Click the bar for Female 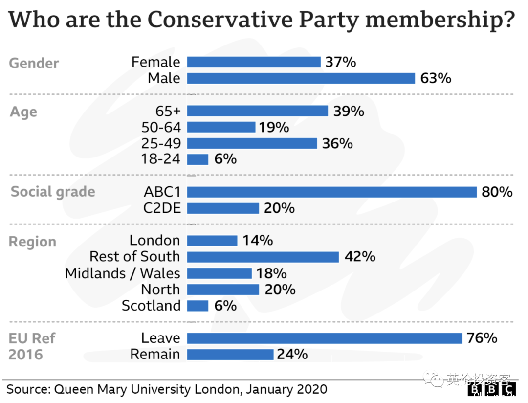[x=254, y=62]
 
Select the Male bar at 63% [x=301, y=78]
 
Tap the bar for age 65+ [x=257, y=111]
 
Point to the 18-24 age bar [x=198, y=159]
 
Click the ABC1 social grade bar [x=331, y=192]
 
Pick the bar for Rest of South [x=263, y=257]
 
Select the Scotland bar [x=198, y=306]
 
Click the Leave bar [x=324, y=338]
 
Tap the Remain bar [x=230, y=354]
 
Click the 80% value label [x=497, y=192]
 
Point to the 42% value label [x=359, y=257]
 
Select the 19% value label [x=274, y=128]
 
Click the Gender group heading [x=34, y=64]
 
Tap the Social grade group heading [x=53, y=192]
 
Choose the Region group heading [x=33, y=242]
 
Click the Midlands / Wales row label [x=123, y=273]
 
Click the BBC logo [x=492, y=390]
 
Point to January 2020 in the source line [x=286, y=390]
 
